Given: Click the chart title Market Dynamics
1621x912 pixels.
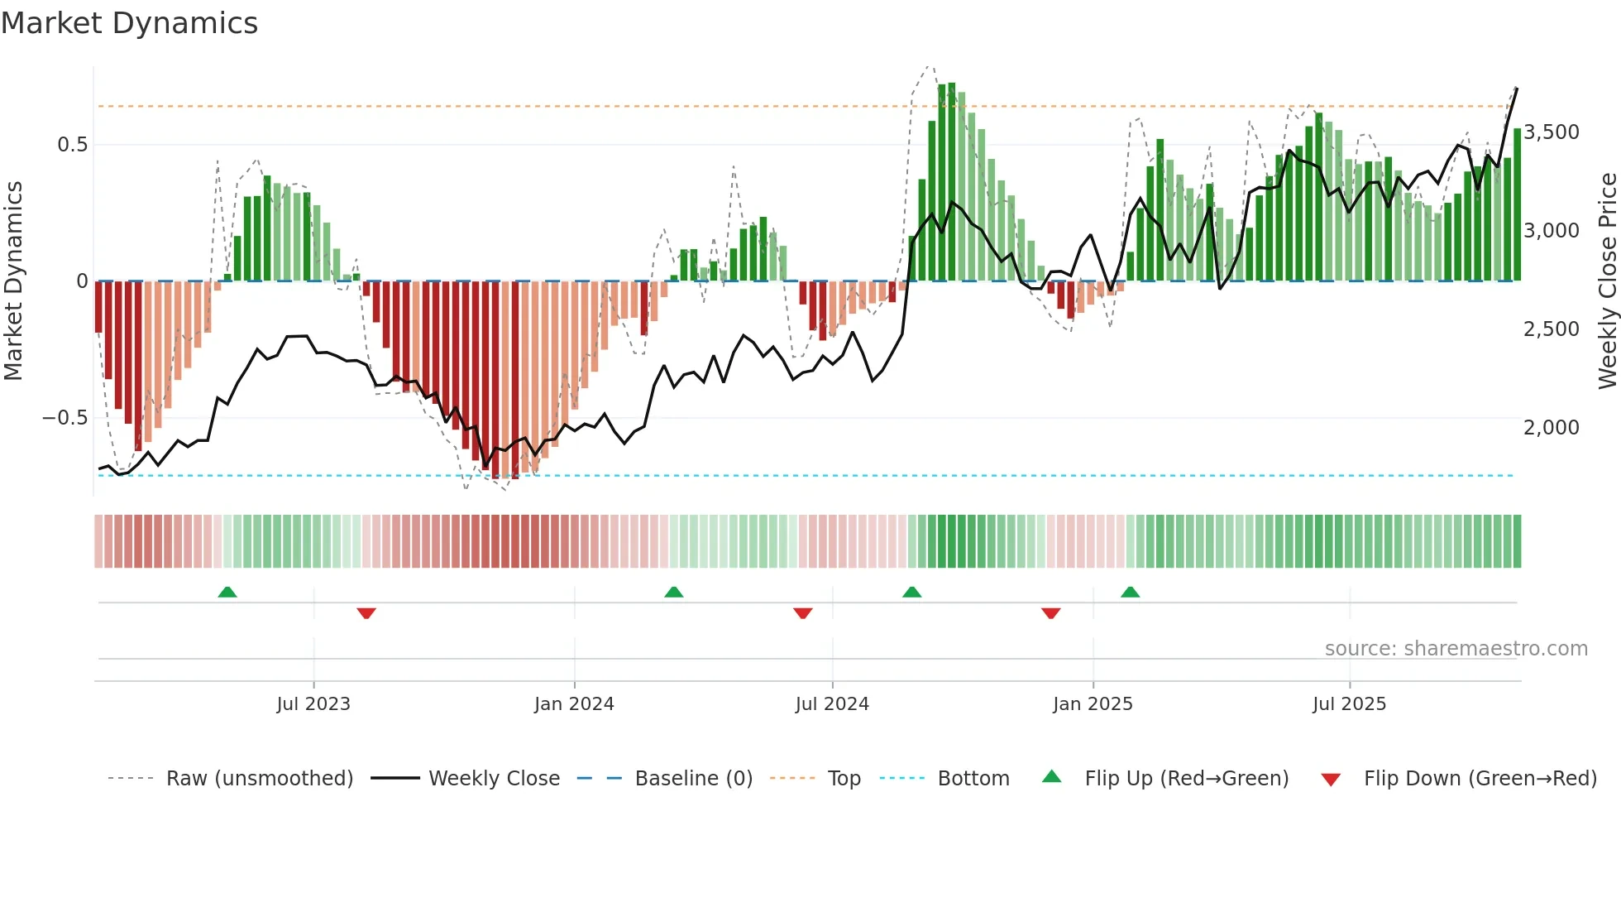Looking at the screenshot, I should point(129,23).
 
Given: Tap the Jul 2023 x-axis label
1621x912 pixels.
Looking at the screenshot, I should point(313,704).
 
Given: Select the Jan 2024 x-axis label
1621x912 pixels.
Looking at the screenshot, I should point(574,704).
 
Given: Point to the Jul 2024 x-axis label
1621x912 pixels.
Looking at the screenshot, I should point(832,704).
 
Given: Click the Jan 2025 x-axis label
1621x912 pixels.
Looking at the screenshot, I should point(1093,704).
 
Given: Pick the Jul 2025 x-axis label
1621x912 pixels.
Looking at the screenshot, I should point(1349,704).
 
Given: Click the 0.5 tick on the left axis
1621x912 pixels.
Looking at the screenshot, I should point(73,145).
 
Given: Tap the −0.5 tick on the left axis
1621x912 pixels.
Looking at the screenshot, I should point(65,418).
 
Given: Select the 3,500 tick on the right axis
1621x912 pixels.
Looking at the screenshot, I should point(1552,132).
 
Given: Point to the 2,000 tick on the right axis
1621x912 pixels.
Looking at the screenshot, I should point(1552,428).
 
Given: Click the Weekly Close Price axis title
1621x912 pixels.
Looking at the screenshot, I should point(1607,281).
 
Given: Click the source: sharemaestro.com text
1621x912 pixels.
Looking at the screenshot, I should point(1456,649).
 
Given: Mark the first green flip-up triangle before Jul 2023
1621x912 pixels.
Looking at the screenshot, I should point(227,592).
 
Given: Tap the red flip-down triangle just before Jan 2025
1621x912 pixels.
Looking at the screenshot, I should point(1050,613).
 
